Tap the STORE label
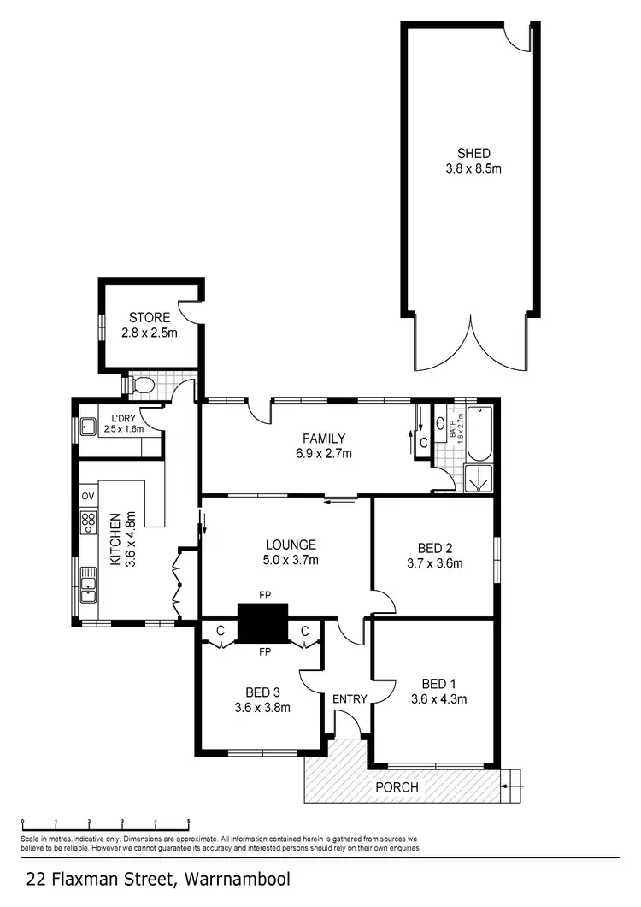click(150, 318)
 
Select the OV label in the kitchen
click(87, 496)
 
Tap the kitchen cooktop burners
click(87, 522)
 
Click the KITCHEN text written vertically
click(115, 539)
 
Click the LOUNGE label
click(291, 545)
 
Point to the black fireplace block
click(262, 622)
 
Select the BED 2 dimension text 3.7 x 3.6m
click(435, 563)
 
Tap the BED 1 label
click(437, 683)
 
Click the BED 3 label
click(262, 692)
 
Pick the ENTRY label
click(350, 699)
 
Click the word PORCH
click(397, 787)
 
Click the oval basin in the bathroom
click(440, 422)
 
